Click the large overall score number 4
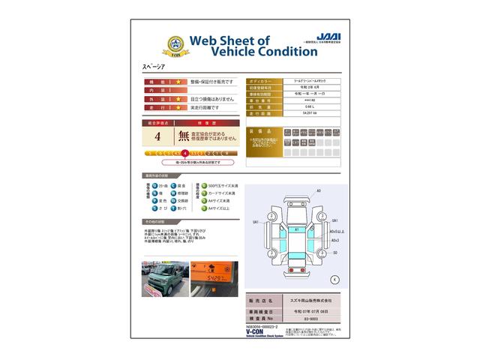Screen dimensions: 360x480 pos(157,136)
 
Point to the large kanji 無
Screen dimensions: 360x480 pos(184,136)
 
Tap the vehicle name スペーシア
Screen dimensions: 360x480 pos(153,67)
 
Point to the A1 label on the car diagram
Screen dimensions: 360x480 pos(296,229)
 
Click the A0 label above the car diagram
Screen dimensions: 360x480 pos(318,192)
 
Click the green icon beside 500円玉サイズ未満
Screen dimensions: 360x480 pos(199,185)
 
